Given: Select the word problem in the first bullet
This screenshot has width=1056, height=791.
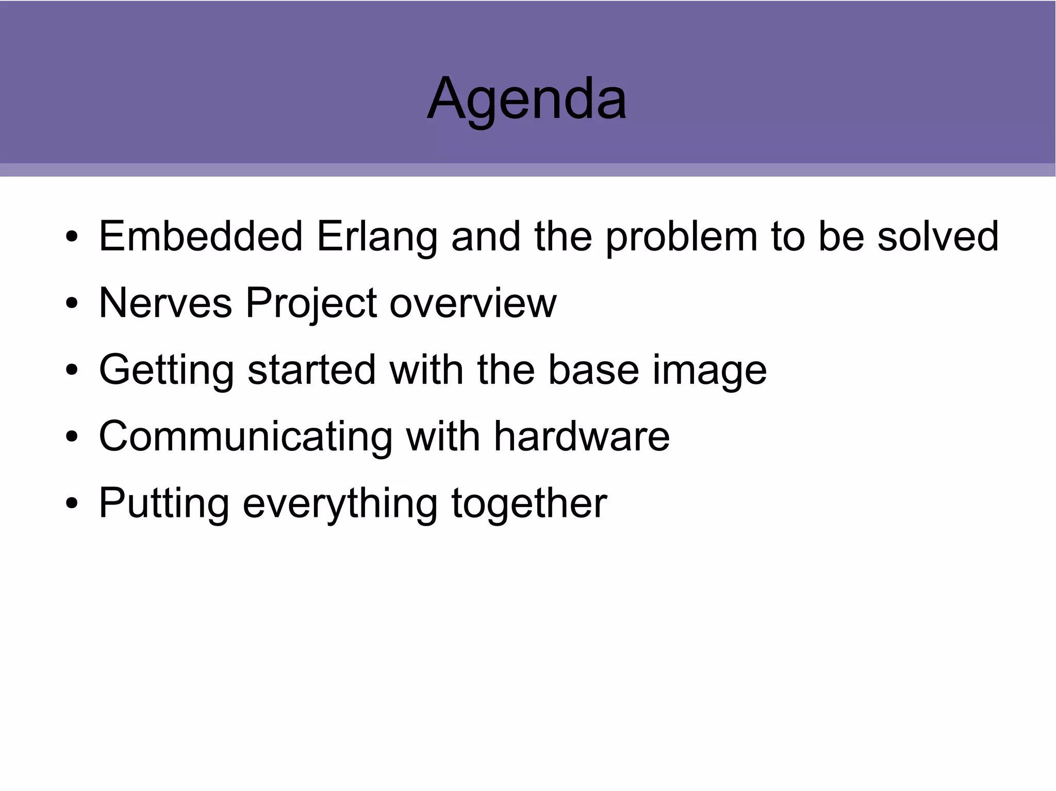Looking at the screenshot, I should coord(681,237).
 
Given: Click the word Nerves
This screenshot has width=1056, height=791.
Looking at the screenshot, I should coord(165,303).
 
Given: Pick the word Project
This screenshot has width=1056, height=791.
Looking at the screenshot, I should coord(311,304).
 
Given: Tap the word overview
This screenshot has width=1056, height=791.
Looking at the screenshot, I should coord(473,303).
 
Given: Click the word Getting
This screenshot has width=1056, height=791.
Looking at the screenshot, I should coord(166,370).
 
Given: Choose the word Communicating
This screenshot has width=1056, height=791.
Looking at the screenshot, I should coord(245,436).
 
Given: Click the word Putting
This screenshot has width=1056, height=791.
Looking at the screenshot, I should coord(163,503).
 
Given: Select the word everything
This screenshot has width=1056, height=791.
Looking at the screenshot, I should coord(340,503).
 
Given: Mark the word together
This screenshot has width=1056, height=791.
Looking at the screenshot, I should coord(529,503).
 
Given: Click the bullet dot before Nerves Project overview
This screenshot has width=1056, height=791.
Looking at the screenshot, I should coord(72,304).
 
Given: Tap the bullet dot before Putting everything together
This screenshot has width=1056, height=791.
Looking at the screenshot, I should coord(72,503).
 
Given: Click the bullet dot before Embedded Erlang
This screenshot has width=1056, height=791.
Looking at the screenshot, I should coord(72,237).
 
